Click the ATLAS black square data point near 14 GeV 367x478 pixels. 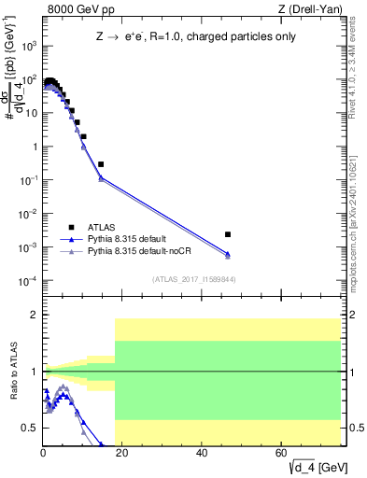click(101, 164)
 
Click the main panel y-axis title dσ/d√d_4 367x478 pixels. click(16, 85)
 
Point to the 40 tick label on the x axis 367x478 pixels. click(203, 452)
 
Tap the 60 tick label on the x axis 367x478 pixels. click(282, 452)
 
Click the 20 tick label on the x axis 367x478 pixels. click(122, 452)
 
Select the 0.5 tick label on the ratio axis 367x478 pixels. click(30, 428)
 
